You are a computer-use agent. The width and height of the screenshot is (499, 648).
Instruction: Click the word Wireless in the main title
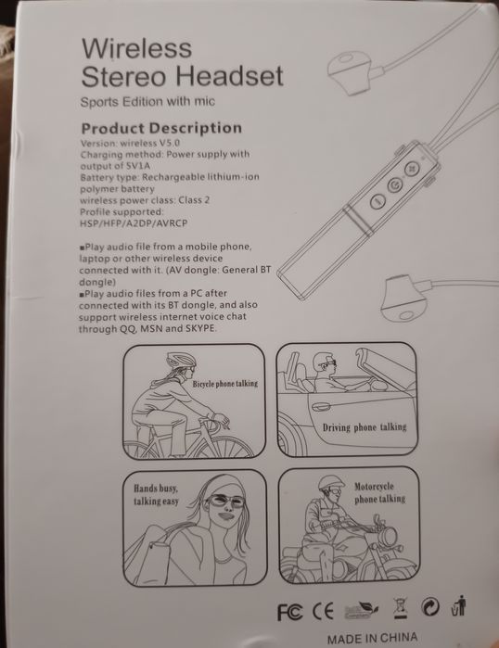pos(136,48)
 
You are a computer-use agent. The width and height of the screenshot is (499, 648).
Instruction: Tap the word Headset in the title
pos(228,76)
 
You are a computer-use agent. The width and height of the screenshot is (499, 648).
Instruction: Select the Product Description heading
pos(161,128)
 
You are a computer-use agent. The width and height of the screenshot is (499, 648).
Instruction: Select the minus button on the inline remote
pos(377,200)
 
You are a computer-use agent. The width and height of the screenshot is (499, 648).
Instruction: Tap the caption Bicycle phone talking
pos(224,383)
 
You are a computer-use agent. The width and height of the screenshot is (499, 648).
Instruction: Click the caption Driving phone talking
pos(364,427)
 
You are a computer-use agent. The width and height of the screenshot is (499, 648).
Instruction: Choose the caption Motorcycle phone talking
pos(379,492)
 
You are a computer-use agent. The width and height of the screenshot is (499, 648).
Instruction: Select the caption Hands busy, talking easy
pos(155,493)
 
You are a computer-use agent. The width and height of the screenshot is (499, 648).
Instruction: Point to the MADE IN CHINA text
pos(371,638)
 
